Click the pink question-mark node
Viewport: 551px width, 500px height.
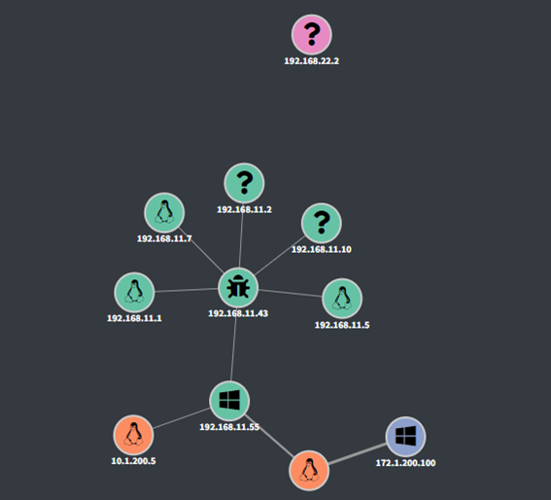(x=312, y=34)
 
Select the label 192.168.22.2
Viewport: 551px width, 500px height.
(x=312, y=61)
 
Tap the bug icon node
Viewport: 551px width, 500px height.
(x=238, y=288)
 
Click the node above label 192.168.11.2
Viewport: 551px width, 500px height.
(x=244, y=183)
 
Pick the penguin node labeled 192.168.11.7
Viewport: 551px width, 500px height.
(x=164, y=212)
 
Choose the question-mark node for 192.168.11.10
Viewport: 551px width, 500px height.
(x=322, y=223)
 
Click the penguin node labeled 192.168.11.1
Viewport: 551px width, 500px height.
(x=134, y=292)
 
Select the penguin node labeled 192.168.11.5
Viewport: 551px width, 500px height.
(x=342, y=299)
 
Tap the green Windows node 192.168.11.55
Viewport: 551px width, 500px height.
(x=229, y=401)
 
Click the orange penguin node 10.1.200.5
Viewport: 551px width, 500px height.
(x=133, y=435)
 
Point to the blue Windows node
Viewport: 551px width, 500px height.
(x=405, y=437)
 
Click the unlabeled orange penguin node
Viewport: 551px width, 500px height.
(x=309, y=471)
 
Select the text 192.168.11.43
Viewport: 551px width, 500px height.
(x=238, y=313)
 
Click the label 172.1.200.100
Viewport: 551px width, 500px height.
(x=405, y=463)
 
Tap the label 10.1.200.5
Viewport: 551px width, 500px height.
(x=133, y=461)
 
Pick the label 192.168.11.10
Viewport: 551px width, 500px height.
(x=322, y=249)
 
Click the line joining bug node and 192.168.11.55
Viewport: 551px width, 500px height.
(x=233, y=344)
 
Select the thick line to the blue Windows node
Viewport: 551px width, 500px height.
(x=358, y=454)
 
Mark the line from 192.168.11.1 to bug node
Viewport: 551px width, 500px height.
(x=187, y=290)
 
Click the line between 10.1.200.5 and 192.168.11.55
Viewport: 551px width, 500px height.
(x=182, y=418)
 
